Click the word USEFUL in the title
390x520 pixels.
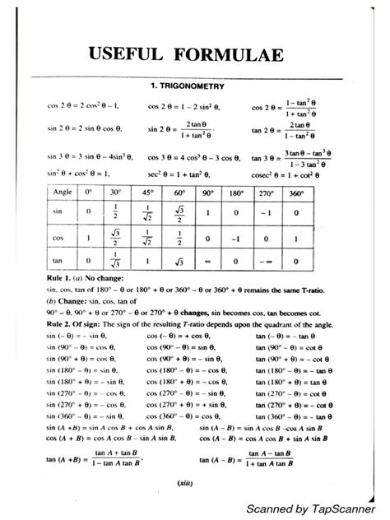(x=132, y=55)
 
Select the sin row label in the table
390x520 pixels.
(x=58, y=211)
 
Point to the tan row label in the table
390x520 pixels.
(x=58, y=262)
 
